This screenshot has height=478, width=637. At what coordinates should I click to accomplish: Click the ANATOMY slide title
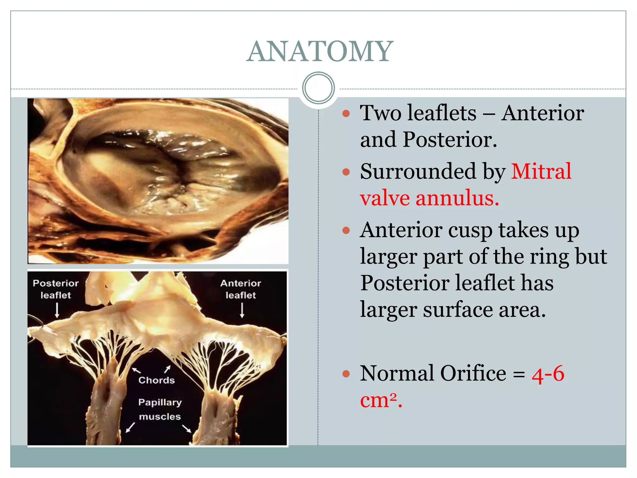click(x=320, y=51)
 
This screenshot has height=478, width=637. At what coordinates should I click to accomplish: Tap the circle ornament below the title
click(x=318, y=88)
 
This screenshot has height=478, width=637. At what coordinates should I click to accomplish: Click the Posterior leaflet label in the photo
click(x=56, y=289)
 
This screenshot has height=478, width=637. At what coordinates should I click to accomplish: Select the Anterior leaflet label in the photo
click(x=240, y=289)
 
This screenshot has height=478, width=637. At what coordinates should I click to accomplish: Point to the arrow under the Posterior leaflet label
click(x=57, y=311)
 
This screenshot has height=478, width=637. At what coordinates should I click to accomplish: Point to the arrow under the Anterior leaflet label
click(x=242, y=311)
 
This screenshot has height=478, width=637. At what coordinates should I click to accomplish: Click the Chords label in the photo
click(x=156, y=380)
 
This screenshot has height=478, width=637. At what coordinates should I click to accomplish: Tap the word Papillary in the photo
click(x=160, y=402)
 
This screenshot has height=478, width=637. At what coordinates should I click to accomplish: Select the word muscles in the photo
click(x=160, y=416)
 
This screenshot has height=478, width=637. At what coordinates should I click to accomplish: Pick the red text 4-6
click(x=548, y=373)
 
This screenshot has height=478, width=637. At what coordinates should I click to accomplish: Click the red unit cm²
click(x=381, y=400)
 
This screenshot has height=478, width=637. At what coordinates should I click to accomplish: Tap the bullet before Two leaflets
click(x=346, y=113)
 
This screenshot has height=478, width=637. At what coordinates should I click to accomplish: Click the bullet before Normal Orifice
click(x=346, y=373)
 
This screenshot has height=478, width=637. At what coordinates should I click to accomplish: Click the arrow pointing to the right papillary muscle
click(x=187, y=429)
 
